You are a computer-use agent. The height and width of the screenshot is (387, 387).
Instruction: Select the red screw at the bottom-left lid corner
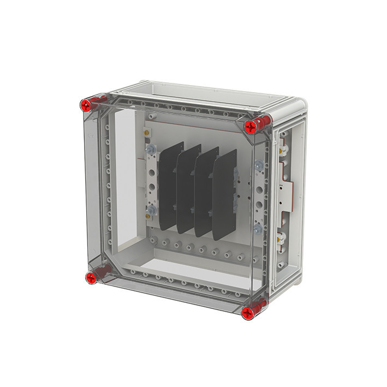pos(90,278)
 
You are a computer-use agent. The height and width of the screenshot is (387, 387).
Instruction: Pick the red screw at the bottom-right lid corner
pos(248,312)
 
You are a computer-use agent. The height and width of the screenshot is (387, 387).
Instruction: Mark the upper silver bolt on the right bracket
pos(258,164)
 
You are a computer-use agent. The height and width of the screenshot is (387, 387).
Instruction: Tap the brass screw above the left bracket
pos(146,132)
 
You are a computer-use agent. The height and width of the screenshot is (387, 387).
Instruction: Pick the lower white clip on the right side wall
pos(282,236)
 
